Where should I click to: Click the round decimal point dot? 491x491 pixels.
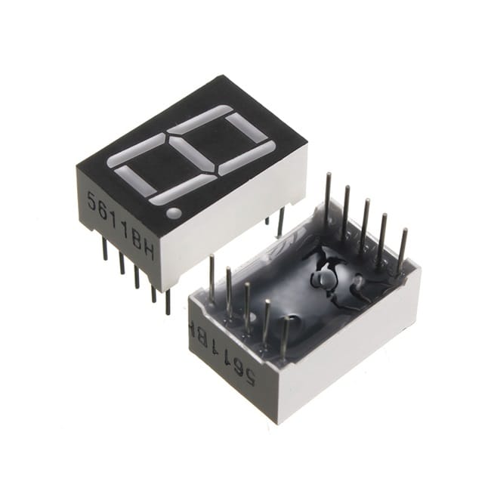174,213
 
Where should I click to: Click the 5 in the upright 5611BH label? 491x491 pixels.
91,202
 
